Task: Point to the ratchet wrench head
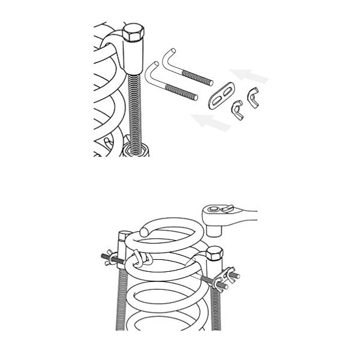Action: click(217, 211)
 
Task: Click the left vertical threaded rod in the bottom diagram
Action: click(121, 300)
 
